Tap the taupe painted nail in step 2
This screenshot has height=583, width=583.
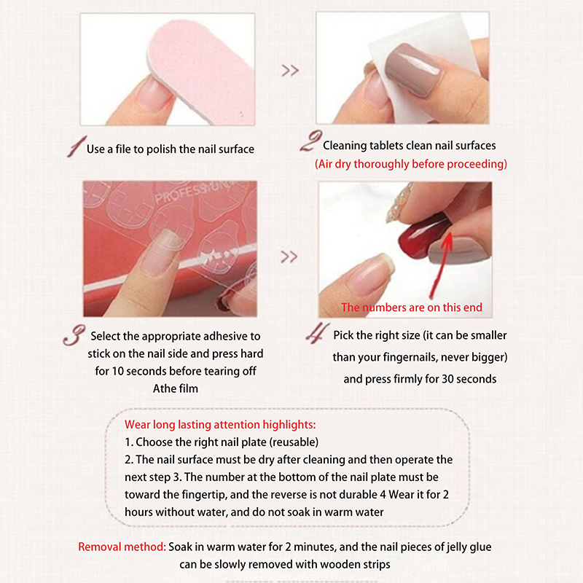coord(413,68)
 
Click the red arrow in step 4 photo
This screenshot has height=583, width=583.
coord(441,265)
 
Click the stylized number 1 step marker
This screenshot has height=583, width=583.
coord(77,146)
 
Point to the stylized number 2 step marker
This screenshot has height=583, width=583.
coord(311,141)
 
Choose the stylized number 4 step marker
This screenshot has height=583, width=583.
coord(318,333)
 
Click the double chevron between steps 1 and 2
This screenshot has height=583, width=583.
coord(290,70)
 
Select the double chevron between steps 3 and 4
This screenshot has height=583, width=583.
coord(289,257)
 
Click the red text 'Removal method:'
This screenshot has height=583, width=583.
coord(122,547)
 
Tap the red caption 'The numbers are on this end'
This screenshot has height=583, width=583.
coord(412,307)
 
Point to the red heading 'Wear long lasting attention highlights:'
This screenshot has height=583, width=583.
coord(220,424)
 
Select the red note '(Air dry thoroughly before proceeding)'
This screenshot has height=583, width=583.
coord(411,164)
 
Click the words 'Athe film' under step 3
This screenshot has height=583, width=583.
coord(176,388)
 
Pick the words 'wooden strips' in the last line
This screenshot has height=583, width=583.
coord(355,564)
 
